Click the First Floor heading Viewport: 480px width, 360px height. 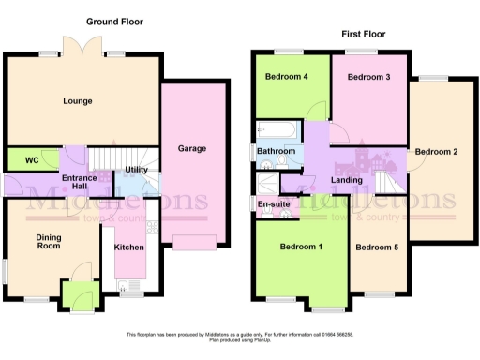(363, 34)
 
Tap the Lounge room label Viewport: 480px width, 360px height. (77, 100)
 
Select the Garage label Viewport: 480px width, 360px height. (192, 148)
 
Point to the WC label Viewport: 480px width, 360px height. (31, 160)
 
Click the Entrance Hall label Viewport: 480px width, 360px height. (81, 181)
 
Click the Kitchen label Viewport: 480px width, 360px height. (128, 247)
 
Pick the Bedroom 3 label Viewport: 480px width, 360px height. (367, 77)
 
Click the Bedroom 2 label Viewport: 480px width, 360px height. (436, 152)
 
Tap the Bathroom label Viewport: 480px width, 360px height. (277, 151)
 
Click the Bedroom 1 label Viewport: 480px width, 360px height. (302, 247)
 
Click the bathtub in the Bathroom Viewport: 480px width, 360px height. (275, 128)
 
